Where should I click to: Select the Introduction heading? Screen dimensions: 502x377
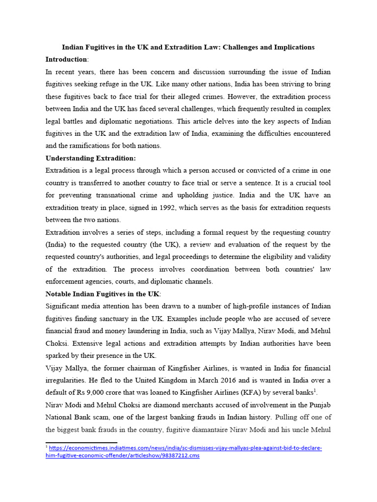66,59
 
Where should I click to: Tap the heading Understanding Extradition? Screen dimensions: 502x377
90,158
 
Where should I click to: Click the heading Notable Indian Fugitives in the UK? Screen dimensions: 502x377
102,294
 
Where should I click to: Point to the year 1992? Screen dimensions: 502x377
168,208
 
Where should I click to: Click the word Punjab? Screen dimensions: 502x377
319,405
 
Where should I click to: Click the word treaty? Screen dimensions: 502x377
91,208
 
